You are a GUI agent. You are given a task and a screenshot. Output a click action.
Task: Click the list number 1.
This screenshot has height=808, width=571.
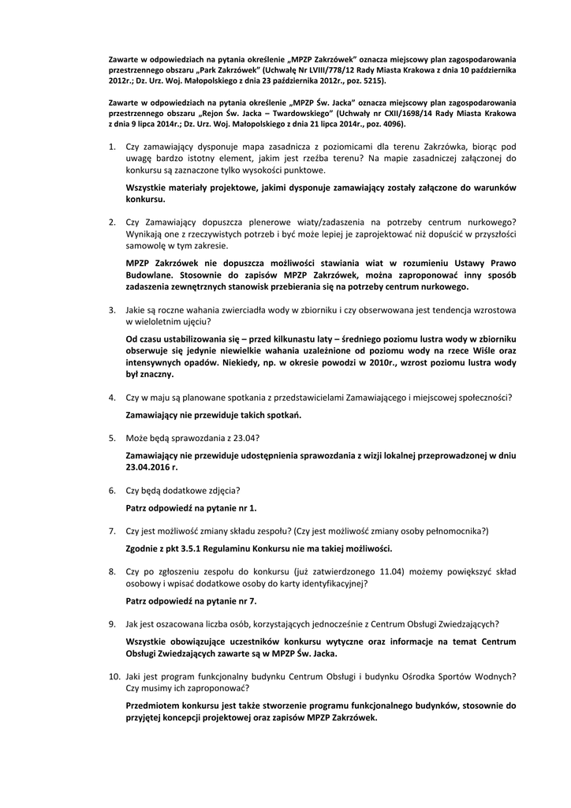(x=113, y=147)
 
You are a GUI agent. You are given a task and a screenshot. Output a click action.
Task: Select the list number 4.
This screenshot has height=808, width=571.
(x=113, y=398)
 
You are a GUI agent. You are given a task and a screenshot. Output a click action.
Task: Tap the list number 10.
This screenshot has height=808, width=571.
(x=114, y=676)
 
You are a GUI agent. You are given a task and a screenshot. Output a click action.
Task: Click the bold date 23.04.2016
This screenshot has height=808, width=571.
(x=150, y=467)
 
